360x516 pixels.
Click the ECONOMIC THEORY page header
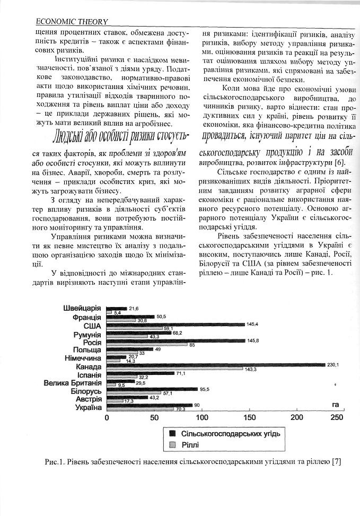(x=71, y=21)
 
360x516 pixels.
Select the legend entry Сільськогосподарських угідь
(x=230, y=433)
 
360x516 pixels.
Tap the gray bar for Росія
(x=147, y=345)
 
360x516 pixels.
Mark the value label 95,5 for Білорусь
(x=205, y=389)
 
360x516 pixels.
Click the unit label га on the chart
(x=335, y=405)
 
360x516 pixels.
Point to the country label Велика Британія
(x=73, y=382)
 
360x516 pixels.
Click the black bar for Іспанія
(x=141, y=373)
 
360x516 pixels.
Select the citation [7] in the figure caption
(x=336, y=462)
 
